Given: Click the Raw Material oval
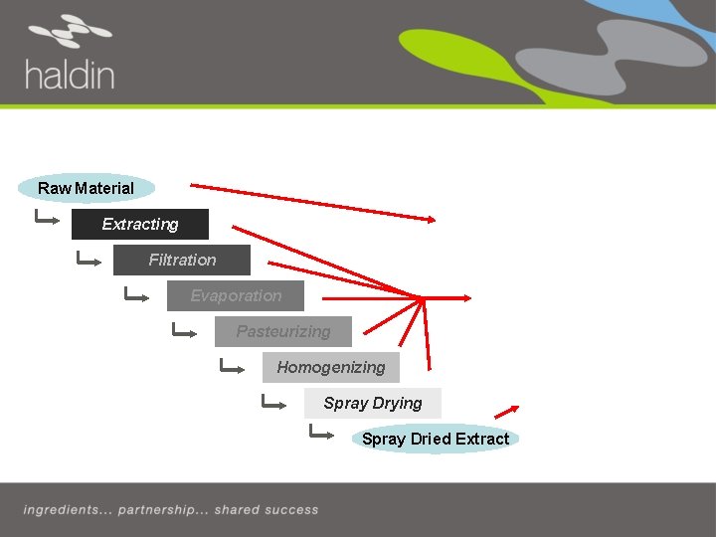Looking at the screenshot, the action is [x=87, y=188].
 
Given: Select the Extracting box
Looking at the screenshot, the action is [x=140, y=224].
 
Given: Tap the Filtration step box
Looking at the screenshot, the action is [x=182, y=260].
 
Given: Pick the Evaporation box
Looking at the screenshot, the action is [x=236, y=295].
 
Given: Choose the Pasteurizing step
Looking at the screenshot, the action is [x=283, y=331].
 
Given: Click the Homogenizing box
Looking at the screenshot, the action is [x=331, y=367].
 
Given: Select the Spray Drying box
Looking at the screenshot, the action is [x=373, y=403].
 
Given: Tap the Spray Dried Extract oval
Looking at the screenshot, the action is [x=435, y=439].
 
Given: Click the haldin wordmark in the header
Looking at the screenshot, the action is [x=70, y=75].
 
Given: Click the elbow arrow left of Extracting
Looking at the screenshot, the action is [x=47, y=218].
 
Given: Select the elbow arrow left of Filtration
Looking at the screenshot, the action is [x=89, y=261].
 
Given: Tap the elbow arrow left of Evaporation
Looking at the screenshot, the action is [x=135, y=295].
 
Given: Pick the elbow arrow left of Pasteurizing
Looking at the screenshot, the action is [x=184, y=331].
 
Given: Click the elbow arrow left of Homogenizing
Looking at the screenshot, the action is [x=232, y=367].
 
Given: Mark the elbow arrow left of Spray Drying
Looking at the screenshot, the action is [x=273, y=403].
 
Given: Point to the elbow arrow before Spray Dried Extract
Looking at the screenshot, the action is [x=321, y=433].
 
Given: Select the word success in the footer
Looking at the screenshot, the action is [x=292, y=510].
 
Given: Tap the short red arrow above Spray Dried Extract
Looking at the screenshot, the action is [x=507, y=411].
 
